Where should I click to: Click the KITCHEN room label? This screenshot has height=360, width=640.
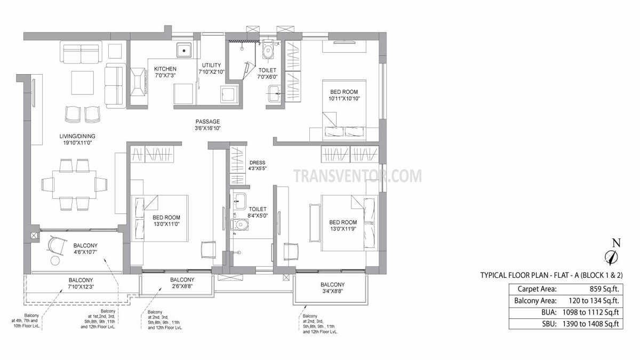click(165, 69)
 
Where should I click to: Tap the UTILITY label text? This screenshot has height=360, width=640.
click(211, 65)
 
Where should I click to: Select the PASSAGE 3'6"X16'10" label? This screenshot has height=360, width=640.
click(207, 125)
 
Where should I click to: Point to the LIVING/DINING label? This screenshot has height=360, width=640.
click(77, 137)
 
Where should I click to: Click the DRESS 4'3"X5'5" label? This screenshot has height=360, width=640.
click(257, 165)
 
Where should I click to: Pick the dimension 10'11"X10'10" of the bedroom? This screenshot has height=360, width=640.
click(344, 99)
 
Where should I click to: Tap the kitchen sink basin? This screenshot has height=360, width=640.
click(184, 51)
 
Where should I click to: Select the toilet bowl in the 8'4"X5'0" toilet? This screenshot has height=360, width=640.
click(239, 225)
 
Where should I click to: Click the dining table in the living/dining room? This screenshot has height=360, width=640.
click(74, 185)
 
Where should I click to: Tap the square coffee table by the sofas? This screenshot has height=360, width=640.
click(83, 83)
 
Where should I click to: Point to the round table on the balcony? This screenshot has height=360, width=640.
click(55, 261)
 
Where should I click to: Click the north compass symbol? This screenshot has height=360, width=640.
click(611, 257)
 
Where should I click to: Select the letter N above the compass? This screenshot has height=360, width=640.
click(617, 243)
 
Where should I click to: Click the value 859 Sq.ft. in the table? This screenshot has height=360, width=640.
click(604, 289)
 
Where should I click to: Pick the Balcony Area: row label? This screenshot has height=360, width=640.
click(535, 301)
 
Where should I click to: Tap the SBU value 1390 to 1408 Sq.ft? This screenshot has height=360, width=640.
click(590, 324)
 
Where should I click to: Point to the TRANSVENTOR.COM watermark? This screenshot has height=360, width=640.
click(358, 176)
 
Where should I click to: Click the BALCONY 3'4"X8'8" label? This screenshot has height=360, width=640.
click(333, 288)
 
